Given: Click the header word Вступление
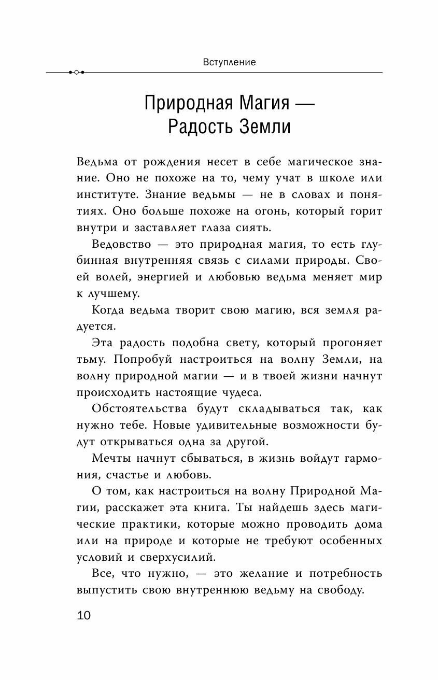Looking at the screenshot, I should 222,62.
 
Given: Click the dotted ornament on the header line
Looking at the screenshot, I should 76,72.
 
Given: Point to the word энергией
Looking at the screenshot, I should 154,277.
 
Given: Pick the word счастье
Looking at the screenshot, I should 132,475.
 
